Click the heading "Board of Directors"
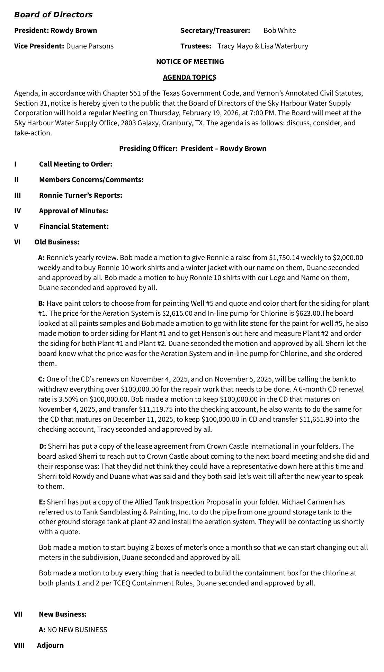click(53, 15)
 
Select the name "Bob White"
click(279, 30)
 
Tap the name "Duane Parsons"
click(90, 46)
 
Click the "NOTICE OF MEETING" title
click(190, 62)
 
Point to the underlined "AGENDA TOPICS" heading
click(189, 77)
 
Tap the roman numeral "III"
click(18, 195)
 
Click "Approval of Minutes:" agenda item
click(73, 211)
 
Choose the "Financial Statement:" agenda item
click(74, 226)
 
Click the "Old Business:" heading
click(57, 242)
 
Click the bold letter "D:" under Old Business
click(43, 446)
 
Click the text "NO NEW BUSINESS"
click(77, 630)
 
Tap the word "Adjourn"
click(51, 645)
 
